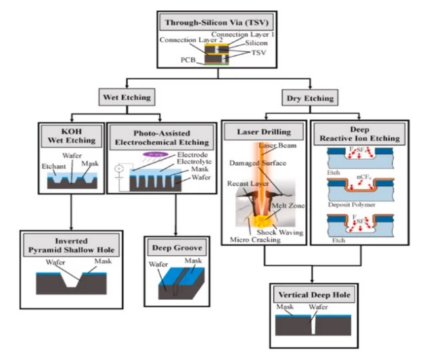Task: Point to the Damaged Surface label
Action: click(x=261, y=164)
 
